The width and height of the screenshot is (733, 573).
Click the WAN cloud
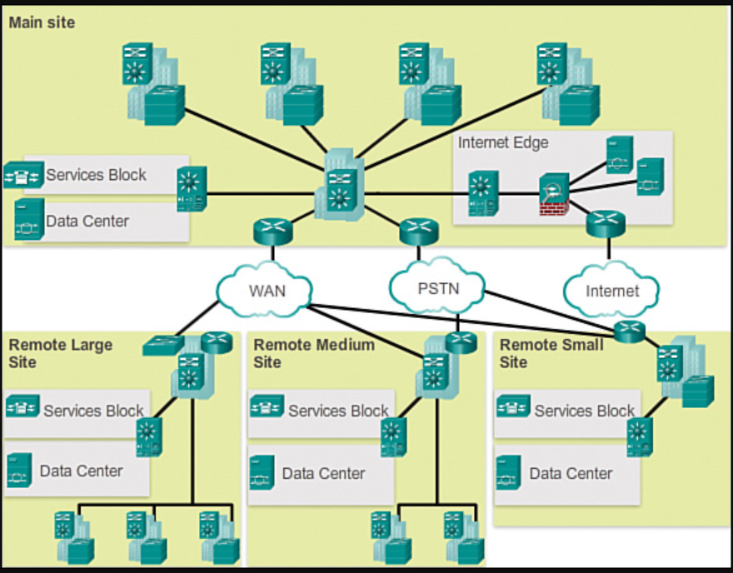coord(265,290)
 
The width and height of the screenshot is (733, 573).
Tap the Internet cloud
coord(611,290)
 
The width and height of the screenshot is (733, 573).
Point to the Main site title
coord(42,22)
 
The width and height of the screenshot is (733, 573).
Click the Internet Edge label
coord(503,142)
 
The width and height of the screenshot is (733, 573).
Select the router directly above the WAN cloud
coord(273,232)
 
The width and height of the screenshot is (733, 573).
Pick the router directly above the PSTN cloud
coord(419,232)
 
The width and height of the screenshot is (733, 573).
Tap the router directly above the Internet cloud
coord(606,224)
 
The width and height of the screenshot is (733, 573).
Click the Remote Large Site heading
coord(61,353)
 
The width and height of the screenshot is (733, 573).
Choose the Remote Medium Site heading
coord(314,353)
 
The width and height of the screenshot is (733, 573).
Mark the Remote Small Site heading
coord(551,353)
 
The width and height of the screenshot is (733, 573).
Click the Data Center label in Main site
coord(87,221)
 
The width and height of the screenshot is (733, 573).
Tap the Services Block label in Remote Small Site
coord(585,411)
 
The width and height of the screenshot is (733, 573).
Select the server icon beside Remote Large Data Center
coord(19,471)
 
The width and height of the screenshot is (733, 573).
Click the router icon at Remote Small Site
coord(630,331)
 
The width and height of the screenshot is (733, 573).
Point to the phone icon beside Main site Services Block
coord(23,175)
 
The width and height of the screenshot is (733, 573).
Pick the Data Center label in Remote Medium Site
coord(323,473)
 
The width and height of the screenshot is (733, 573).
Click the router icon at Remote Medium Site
coord(461,342)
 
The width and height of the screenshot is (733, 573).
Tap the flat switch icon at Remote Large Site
coord(163,345)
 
